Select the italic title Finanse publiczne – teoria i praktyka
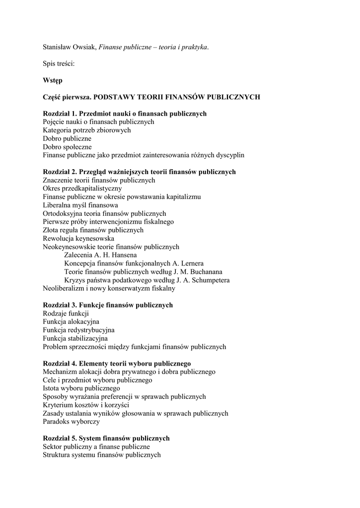tap(153, 47)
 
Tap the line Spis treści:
tap(58, 63)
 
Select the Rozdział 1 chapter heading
tap(124, 114)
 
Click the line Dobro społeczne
tap(67, 147)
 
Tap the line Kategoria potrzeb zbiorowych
tap(86, 130)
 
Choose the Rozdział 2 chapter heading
tap(139, 172)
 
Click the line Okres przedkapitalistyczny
tap(82, 189)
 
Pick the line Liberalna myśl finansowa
tap(80, 205)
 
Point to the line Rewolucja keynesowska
tap(78, 238)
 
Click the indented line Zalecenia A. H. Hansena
tap(101, 255)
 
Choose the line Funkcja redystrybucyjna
tap(78, 330)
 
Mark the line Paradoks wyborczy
tap(71, 422)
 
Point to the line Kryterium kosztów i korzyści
tap(86, 405)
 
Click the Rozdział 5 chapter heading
tap(106, 438)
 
